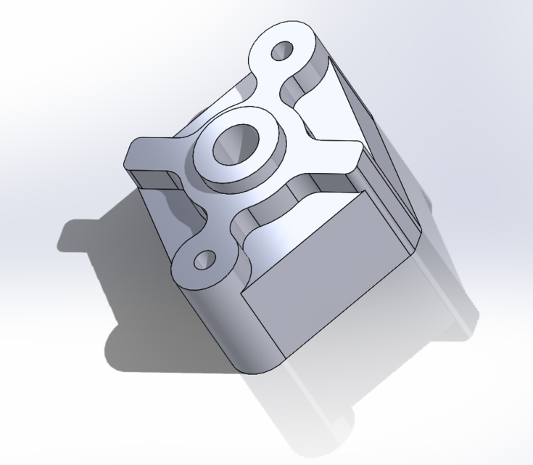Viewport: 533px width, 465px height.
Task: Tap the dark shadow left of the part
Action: coord(94,232)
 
